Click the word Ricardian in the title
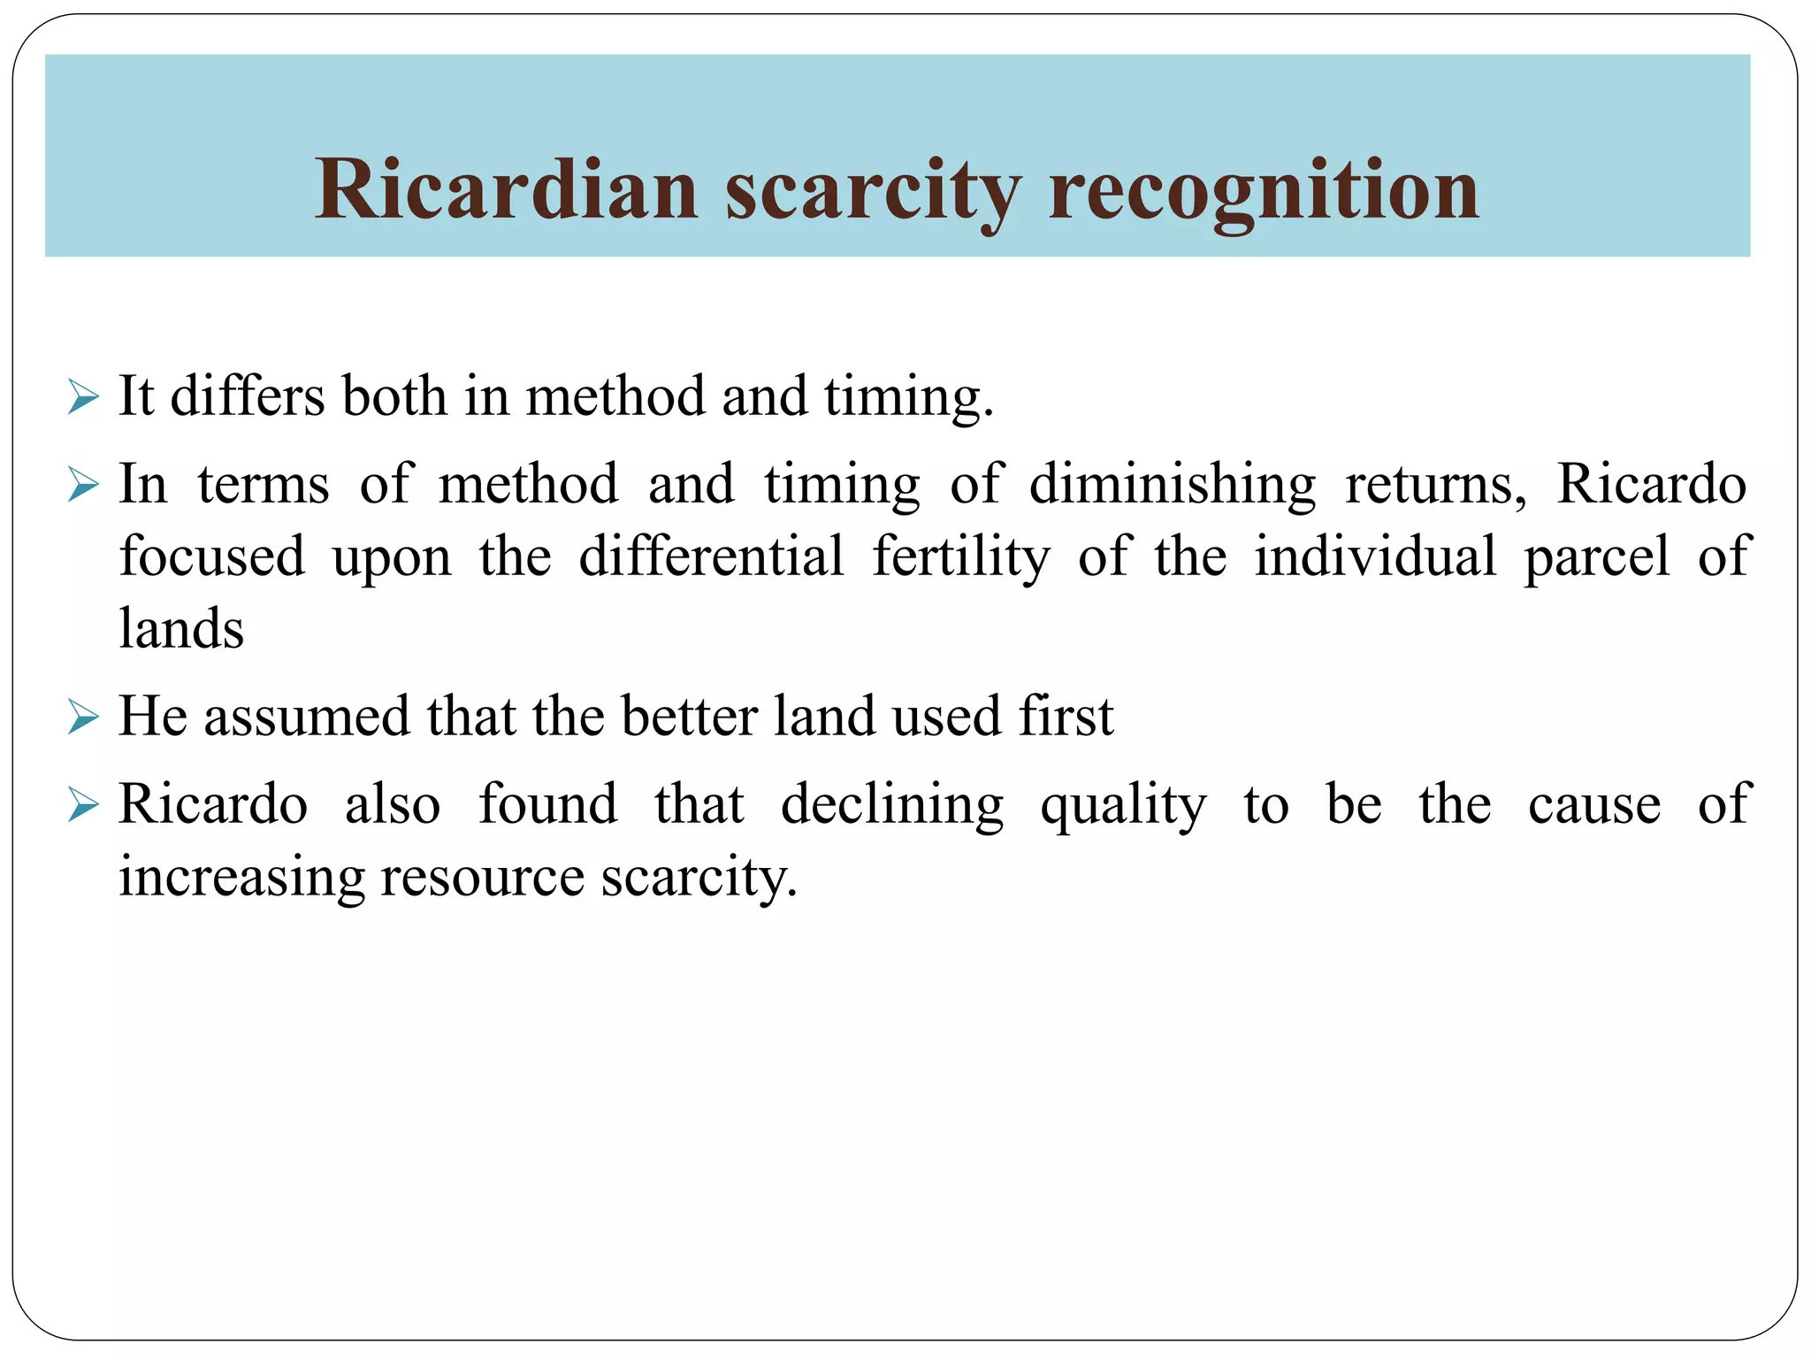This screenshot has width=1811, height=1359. pos(507,190)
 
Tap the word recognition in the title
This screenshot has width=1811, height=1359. pos(1263,190)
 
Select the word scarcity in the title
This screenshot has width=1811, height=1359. pos(873,190)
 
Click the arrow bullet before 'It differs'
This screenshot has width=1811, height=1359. pos(83,397)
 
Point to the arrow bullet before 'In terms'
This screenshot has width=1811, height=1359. pos(83,486)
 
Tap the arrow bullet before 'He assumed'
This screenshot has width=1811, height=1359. pos(83,718)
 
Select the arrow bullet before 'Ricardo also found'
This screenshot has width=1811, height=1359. pos(83,806)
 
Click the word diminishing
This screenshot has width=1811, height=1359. pos(1172,486)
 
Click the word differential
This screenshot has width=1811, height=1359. pos(712,557)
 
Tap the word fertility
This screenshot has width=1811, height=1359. pos(961,557)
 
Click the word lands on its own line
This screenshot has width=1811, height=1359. pos(181,628)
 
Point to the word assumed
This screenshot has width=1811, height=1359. pos(307,717)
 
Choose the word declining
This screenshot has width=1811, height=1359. pos(891,805)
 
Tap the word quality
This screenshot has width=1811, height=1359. pos(1123,805)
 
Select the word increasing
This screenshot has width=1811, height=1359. pos(241,878)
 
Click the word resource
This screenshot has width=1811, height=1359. pos(482,878)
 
